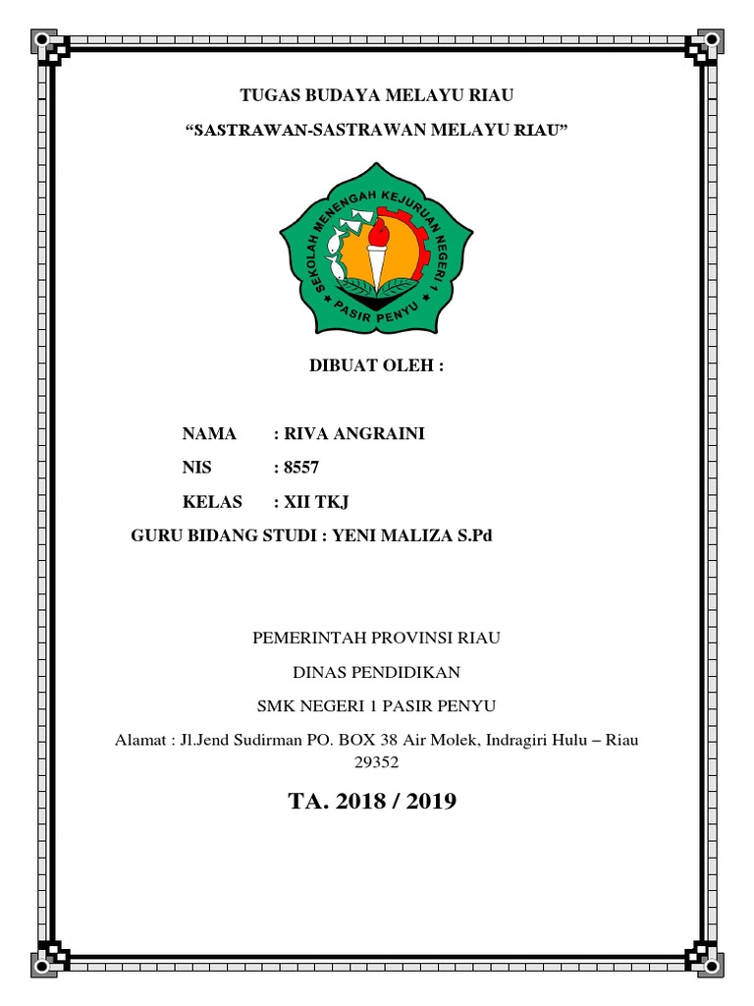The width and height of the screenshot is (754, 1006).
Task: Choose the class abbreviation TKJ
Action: pos(330,502)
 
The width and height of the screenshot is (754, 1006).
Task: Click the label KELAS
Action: pos(212,502)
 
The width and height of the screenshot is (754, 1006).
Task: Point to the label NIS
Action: pos(197,468)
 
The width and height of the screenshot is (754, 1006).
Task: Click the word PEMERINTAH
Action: pos(305,638)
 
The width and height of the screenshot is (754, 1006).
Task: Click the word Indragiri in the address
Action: pos(515,740)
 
